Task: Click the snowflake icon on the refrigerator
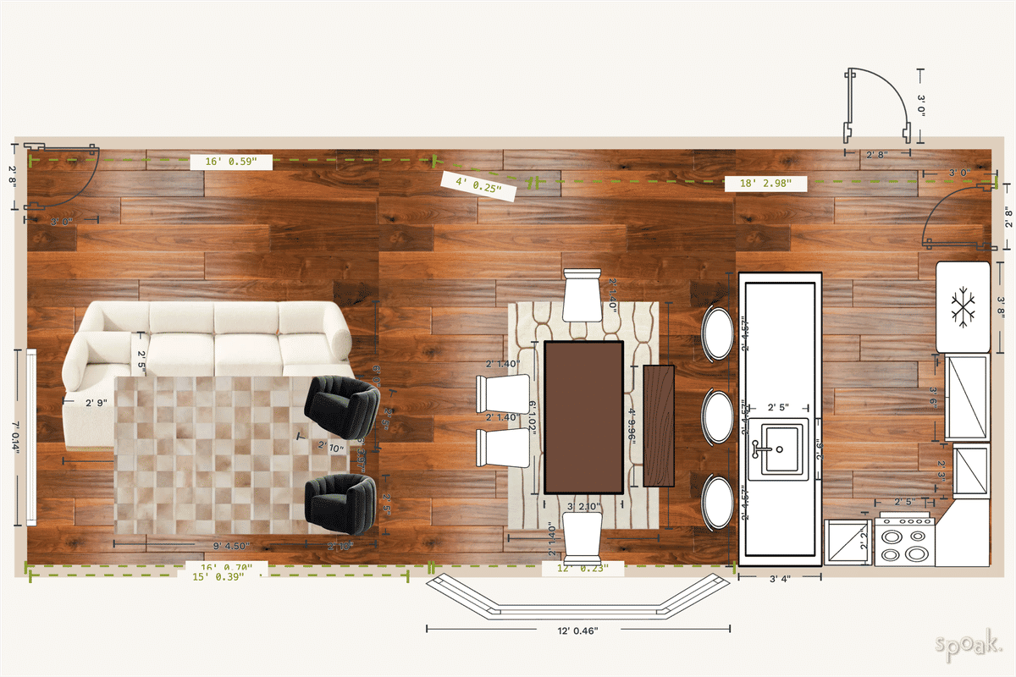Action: coord(963,307)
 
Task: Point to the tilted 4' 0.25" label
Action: coord(479,185)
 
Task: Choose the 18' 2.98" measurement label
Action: coord(765,184)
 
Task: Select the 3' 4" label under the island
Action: coord(780,580)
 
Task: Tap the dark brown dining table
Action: coord(583,416)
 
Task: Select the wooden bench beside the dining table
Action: coord(659,426)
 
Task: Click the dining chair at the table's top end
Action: coord(583,294)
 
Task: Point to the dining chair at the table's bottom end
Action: coord(583,538)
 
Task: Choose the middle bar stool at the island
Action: coord(718,416)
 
